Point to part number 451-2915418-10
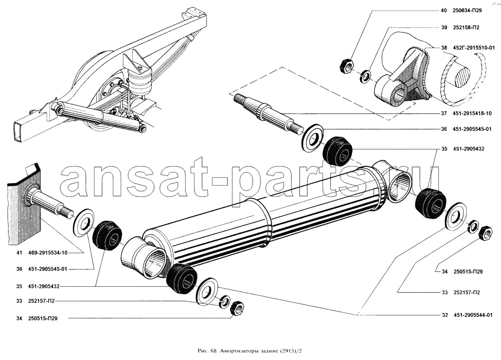(473, 113)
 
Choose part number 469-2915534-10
(47, 252)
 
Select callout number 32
(444, 315)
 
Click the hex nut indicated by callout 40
(346, 65)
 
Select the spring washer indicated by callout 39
(366, 77)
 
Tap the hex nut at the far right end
(485, 233)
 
